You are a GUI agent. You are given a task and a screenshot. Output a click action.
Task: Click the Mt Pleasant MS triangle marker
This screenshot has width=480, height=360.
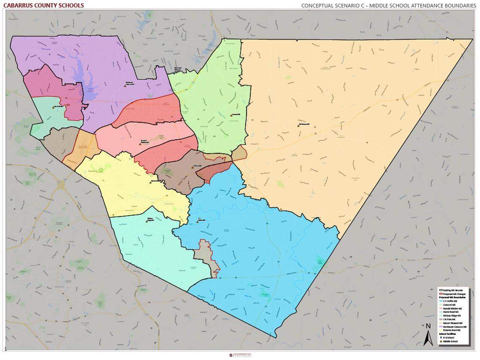pyautogui.click(x=298, y=125)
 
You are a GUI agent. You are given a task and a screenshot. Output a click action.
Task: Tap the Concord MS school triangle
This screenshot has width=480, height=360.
pyautogui.click(x=231, y=115)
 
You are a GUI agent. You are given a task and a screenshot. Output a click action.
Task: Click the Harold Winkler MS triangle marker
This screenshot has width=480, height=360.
pyautogui.click(x=140, y=144)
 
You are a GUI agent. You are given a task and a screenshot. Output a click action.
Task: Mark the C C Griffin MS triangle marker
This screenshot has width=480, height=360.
pyautogui.click(x=197, y=221)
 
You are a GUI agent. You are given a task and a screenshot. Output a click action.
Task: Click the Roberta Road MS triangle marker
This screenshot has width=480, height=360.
pyautogui.click(x=152, y=182)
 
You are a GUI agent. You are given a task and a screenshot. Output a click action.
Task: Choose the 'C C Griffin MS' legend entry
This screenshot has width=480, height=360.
pyautogui.click(x=450, y=301)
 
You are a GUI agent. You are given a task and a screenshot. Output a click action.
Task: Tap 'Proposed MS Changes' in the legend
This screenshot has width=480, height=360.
pyautogui.click(x=453, y=294)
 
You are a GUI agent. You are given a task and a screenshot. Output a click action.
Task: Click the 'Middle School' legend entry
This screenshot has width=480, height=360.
pyautogui.click(x=451, y=341)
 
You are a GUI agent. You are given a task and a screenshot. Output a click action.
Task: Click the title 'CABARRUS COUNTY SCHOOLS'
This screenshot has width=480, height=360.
pyautogui.click(x=43, y=5)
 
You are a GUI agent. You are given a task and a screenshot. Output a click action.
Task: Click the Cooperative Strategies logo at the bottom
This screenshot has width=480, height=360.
pyautogui.click(x=240, y=355)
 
